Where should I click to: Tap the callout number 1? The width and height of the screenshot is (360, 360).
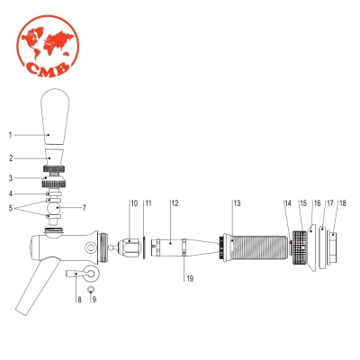pos(11,135)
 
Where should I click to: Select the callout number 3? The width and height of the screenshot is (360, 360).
pos(11,178)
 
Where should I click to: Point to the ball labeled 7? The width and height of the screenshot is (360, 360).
pos(56,208)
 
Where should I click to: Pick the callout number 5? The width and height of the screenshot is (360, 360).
pos(11,208)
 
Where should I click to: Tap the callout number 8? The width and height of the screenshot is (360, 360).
pos(78,298)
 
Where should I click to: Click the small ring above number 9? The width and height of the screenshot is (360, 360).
pos(92,290)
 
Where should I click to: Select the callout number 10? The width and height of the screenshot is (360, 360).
pos(133,203)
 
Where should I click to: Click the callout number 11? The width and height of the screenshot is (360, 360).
pos(148,203)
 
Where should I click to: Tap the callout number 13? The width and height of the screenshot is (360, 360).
pos(237,203)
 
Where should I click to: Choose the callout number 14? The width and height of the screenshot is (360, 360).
pos(288,203)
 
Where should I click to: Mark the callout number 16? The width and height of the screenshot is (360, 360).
pos(316,203)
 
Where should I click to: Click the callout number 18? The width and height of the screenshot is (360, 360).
pos(342,203)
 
